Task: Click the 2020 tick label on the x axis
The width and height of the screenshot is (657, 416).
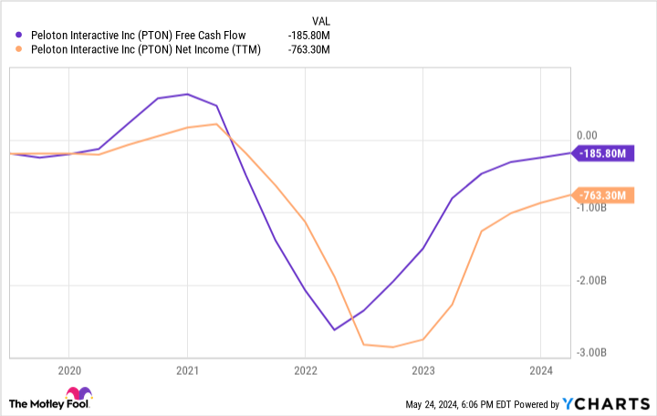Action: click(x=69, y=370)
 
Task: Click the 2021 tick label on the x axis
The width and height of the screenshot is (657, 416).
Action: click(x=187, y=370)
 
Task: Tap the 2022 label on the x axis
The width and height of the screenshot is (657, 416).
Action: click(x=305, y=370)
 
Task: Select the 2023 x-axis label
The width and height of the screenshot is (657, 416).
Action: click(x=422, y=370)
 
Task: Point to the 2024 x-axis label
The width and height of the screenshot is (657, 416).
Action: click(x=539, y=370)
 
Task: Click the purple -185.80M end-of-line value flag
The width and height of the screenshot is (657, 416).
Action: click(x=603, y=154)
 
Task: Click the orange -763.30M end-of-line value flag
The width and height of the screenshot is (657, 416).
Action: click(x=603, y=195)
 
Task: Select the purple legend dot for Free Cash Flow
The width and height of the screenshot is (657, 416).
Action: click(x=20, y=35)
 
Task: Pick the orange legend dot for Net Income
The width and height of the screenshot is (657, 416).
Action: click(x=20, y=49)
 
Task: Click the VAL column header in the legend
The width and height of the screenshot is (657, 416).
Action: click(x=321, y=18)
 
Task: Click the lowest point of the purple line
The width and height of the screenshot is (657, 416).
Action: click(x=334, y=329)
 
